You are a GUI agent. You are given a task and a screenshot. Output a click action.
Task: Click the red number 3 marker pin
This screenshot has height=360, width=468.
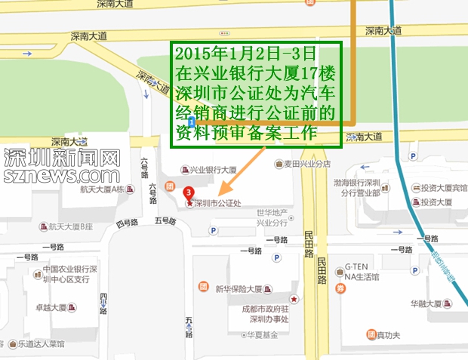coord(189,192)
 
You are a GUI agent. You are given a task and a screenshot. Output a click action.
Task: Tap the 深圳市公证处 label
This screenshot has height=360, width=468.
coord(217,203)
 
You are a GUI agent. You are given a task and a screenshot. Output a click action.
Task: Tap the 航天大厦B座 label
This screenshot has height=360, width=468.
coord(70,226)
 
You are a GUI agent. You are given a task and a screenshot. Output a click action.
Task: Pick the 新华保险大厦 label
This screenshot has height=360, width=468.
coord(239,288)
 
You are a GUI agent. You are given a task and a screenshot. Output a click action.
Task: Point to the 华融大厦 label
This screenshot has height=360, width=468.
coord(426,304)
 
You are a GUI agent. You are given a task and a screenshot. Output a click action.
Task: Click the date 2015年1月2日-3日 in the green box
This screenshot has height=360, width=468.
coord(245,55)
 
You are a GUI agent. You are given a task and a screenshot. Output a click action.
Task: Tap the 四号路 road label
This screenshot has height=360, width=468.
coord(128,223)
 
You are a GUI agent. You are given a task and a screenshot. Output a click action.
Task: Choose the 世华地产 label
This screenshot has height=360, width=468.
coord(272,214)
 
